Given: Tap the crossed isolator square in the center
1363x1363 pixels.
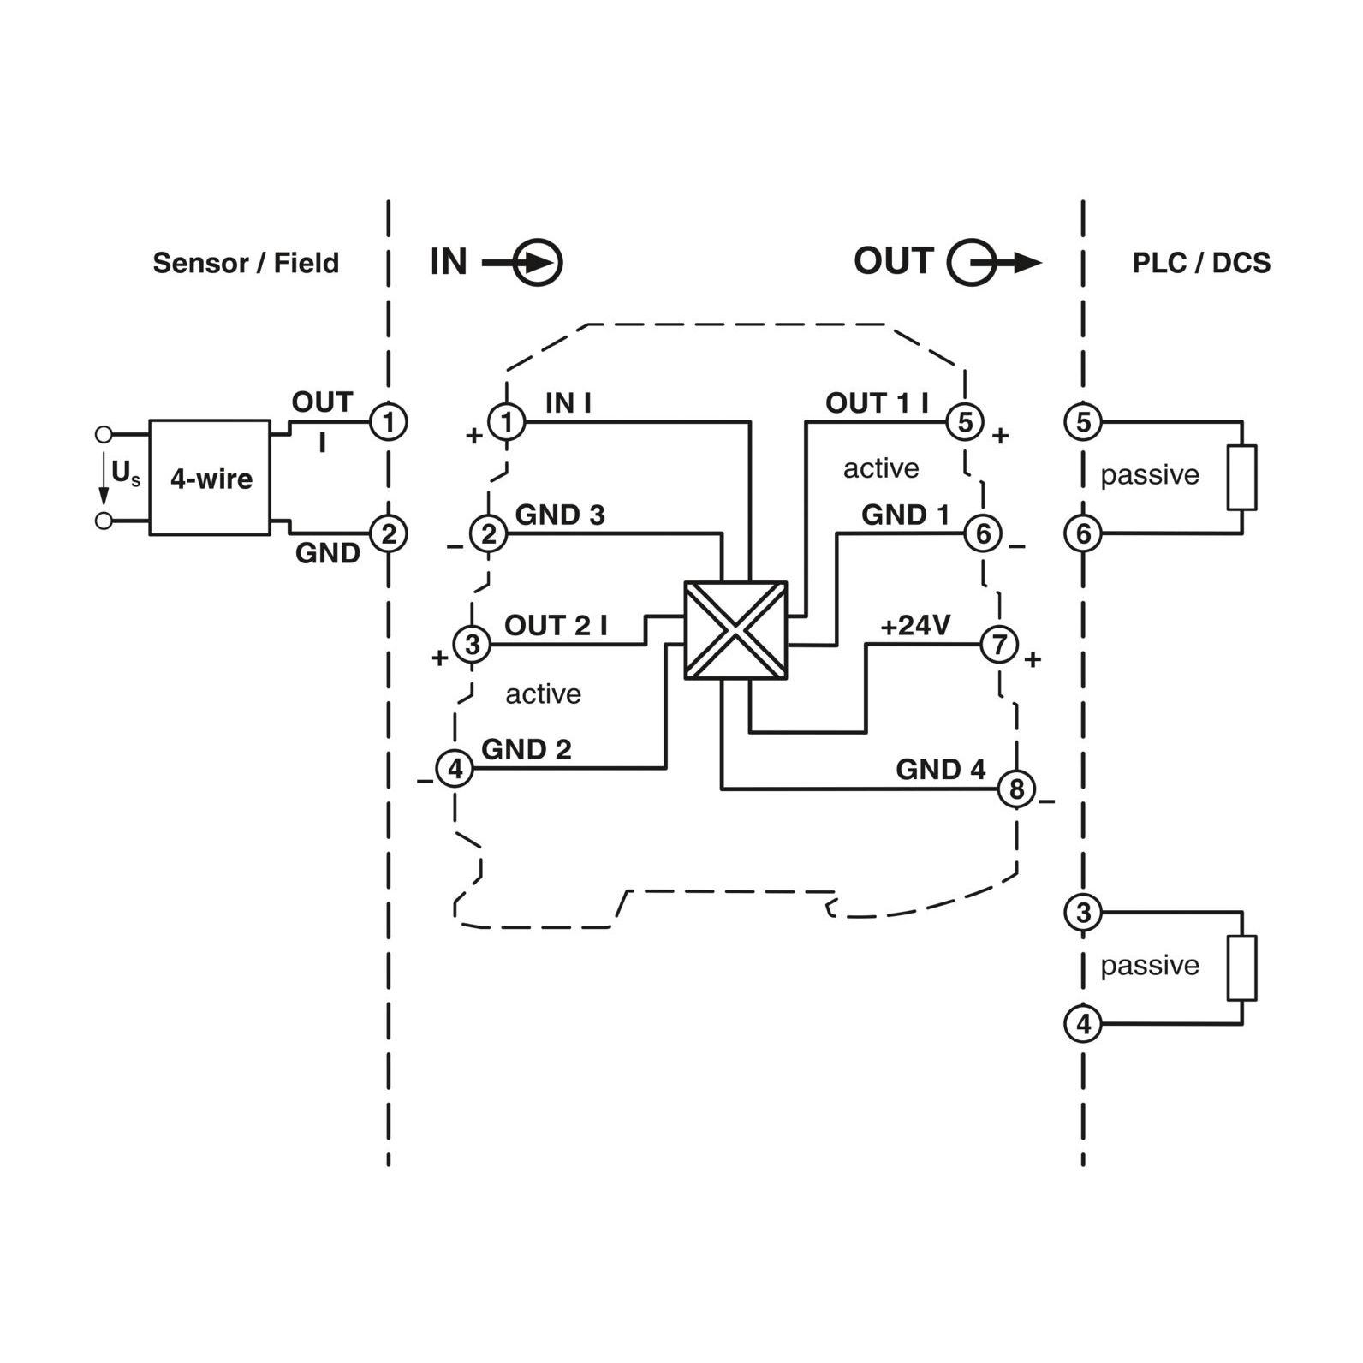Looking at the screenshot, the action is click(735, 630).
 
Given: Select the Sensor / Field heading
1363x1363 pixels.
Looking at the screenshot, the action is click(246, 263).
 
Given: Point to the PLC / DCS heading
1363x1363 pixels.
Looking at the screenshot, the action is click(1201, 263).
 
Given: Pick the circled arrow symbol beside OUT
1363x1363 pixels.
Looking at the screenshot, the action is click(994, 262).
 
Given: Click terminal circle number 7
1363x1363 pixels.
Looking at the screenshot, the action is click(999, 644).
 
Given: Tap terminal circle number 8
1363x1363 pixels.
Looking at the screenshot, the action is click(1017, 789).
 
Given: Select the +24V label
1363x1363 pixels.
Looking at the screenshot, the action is click(915, 626).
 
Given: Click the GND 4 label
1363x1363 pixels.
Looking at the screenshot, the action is click(940, 769).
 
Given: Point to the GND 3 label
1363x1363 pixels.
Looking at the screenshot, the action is click(560, 515).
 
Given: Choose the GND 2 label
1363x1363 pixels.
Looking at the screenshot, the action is click(526, 749).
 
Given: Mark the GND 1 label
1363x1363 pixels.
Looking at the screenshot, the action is click(905, 515).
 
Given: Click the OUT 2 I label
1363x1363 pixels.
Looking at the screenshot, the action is click(556, 625).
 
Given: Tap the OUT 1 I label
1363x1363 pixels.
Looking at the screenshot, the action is click(877, 402).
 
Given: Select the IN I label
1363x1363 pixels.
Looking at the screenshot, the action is click(568, 402).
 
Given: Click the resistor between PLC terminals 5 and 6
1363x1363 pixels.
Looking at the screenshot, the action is click(1241, 477).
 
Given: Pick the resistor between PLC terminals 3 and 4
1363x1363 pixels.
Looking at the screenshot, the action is click(1241, 967).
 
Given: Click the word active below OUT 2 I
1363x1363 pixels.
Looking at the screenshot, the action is click(543, 693).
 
